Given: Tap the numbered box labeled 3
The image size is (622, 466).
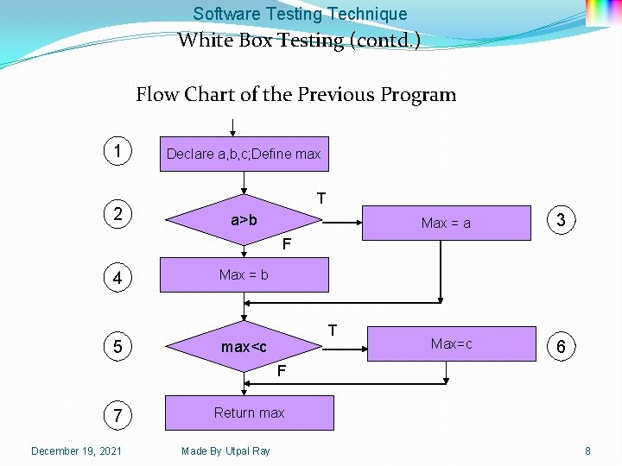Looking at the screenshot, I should pos(562,221).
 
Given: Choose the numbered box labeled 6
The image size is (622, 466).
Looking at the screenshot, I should pos(562,346).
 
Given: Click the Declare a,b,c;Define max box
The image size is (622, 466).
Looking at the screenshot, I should pos(244,154).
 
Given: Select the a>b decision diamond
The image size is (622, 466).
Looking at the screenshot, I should pos(244,220).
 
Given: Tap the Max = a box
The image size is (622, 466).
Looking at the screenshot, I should pos(446,223).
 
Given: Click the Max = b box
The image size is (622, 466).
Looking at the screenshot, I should pos(244,275).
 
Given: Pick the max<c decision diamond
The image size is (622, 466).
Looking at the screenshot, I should pos(244,347).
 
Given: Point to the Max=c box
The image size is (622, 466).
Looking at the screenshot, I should pos(451,344).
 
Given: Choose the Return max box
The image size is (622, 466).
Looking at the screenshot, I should pos(249,412).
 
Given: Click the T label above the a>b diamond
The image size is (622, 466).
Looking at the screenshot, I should pos(321,198).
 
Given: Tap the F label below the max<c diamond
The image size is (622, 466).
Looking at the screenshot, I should pos(281,372).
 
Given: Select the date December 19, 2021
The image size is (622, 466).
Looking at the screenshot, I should pos(76,450).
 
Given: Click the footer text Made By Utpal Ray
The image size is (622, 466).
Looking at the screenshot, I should pos(225,450).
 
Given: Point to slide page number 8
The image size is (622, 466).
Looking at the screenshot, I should pos(587,450).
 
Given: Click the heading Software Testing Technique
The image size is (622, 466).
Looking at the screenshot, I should pos(300,14).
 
